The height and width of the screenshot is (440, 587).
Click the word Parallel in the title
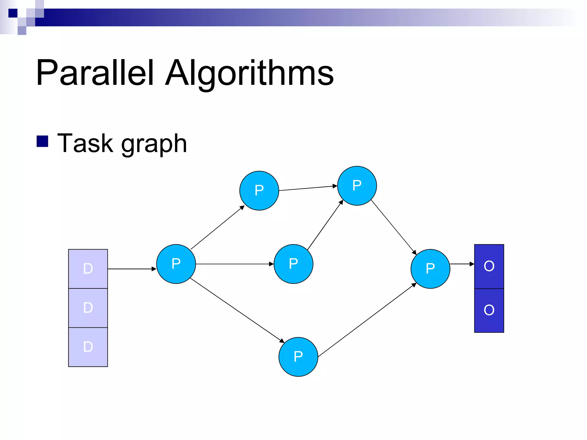(x=95, y=73)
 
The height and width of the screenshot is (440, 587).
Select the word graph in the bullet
(x=154, y=145)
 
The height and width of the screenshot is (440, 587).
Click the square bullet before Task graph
(x=42, y=141)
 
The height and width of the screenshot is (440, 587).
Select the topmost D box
(x=88, y=269)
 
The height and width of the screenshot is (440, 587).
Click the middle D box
(x=88, y=308)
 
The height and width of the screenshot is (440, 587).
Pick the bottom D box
(x=88, y=347)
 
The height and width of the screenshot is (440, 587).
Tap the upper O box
(x=489, y=266)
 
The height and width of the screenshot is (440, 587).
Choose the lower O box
(x=489, y=310)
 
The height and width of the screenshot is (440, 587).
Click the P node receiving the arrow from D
(x=176, y=264)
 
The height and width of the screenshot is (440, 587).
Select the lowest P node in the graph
(x=298, y=357)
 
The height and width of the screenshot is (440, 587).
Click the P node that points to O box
(x=430, y=269)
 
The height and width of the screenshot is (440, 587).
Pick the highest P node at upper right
(x=357, y=186)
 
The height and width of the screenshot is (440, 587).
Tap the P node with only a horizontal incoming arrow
(x=293, y=264)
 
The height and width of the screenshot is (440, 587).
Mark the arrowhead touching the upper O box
(x=472, y=264)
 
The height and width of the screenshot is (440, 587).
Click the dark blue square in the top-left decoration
(x=13, y=13)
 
